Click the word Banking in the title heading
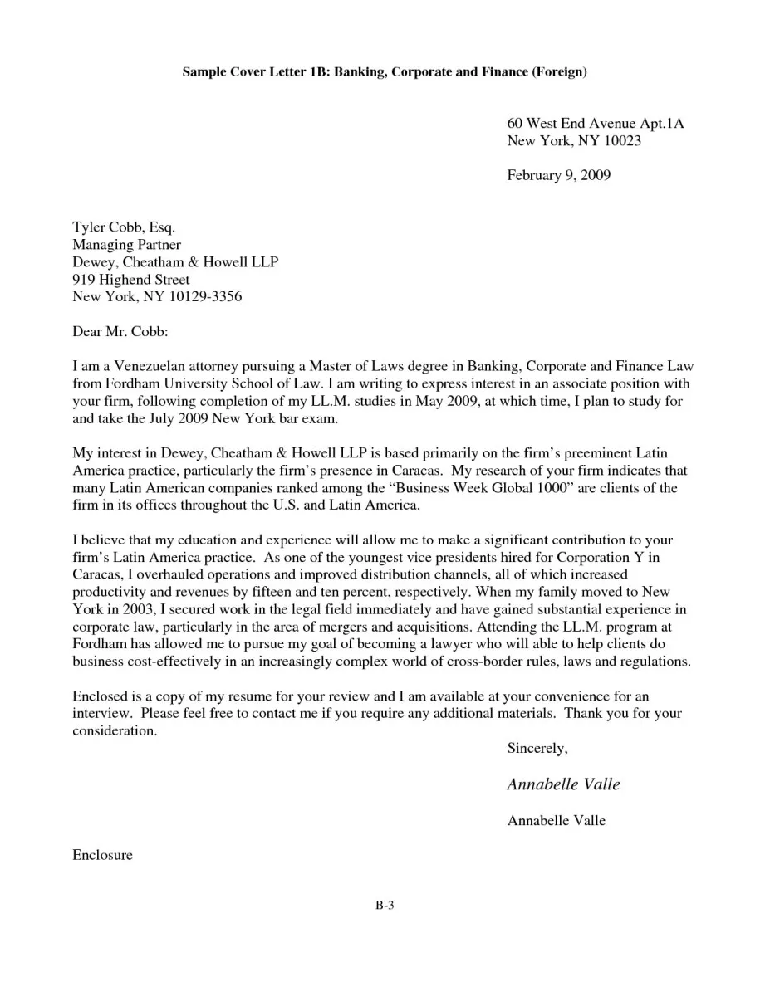[x=360, y=72]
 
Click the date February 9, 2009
[x=558, y=175]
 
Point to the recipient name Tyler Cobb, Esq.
[x=124, y=227]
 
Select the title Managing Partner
[x=126, y=244]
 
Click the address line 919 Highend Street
[x=130, y=279]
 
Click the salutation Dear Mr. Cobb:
[x=120, y=331]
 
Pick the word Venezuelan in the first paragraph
[x=153, y=366]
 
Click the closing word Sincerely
[x=537, y=749]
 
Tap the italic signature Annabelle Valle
[x=563, y=784]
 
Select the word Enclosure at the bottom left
[x=102, y=855]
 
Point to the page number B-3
[x=383, y=906]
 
